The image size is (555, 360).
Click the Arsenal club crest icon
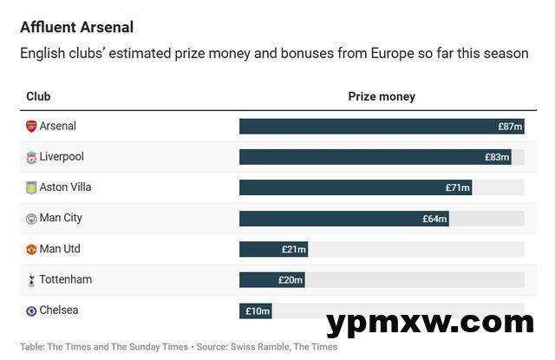tap(31, 127)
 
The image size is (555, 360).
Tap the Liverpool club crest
tap(31, 157)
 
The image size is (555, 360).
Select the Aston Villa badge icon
tap(31, 187)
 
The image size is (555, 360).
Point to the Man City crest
tap(31, 219)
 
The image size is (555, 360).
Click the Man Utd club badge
tap(31, 249)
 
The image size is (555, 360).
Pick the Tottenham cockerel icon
tap(31, 279)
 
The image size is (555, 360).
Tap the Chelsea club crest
tap(31, 311)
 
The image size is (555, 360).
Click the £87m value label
tap(510, 127)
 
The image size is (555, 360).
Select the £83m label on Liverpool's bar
tap(497, 157)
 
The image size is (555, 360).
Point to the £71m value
tap(458, 187)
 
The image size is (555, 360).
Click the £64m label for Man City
tap(434, 219)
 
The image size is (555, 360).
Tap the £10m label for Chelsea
tap(258, 311)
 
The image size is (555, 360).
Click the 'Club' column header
tap(38, 97)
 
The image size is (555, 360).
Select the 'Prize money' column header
tap(382, 97)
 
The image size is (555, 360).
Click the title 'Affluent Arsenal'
tap(76, 28)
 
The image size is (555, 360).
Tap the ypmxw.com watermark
tap(430, 323)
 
